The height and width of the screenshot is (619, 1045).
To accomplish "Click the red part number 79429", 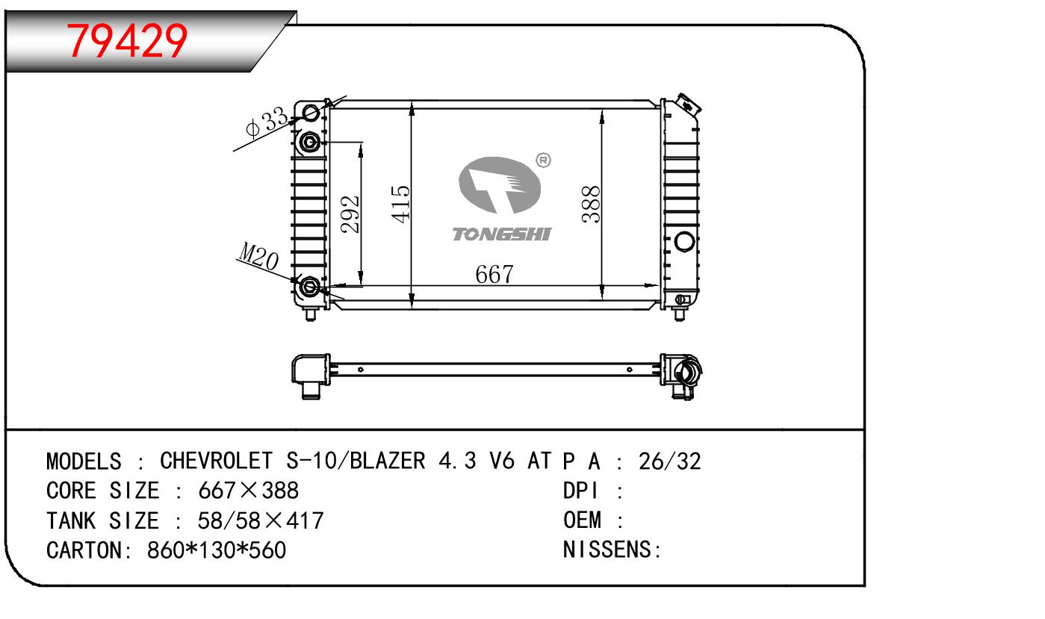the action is (127, 41).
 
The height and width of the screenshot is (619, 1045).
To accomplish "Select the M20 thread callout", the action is (258, 256).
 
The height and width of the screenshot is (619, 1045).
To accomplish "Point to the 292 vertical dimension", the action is (350, 214).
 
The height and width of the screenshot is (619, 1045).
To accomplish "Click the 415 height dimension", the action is (400, 205).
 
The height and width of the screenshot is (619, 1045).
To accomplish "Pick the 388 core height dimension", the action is (591, 204).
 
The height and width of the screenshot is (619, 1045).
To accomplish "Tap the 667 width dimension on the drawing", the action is (494, 274).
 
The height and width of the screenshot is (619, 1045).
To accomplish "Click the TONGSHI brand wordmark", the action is (502, 234).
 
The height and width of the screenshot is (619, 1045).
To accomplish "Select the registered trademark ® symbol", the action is (543, 160).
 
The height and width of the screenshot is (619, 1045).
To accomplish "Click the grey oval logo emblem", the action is (500, 185).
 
